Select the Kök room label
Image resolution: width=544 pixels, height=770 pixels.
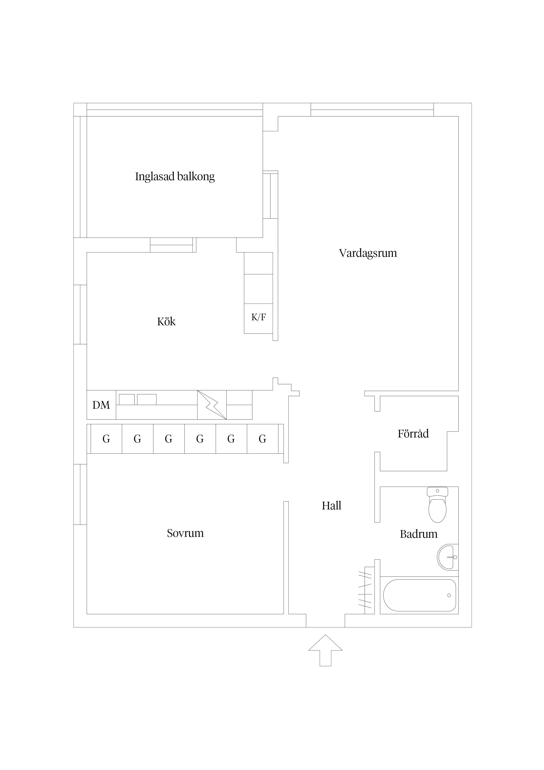coord(166,322)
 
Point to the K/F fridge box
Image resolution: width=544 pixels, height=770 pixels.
coord(258,318)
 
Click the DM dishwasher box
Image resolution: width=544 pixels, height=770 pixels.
coord(101,405)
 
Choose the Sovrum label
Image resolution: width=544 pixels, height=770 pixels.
coord(185,533)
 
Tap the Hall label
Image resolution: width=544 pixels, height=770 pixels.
coord(331,506)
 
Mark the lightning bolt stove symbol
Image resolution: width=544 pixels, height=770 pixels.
coord(212,405)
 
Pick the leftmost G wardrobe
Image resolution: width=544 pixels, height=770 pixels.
coord(106,439)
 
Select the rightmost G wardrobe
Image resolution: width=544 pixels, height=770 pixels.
coord(262,439)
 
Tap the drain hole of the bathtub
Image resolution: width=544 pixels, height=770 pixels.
coord(449,595)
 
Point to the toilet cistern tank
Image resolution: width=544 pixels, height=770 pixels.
coord(437,492)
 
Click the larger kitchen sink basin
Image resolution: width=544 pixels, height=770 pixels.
coord(147,399)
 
